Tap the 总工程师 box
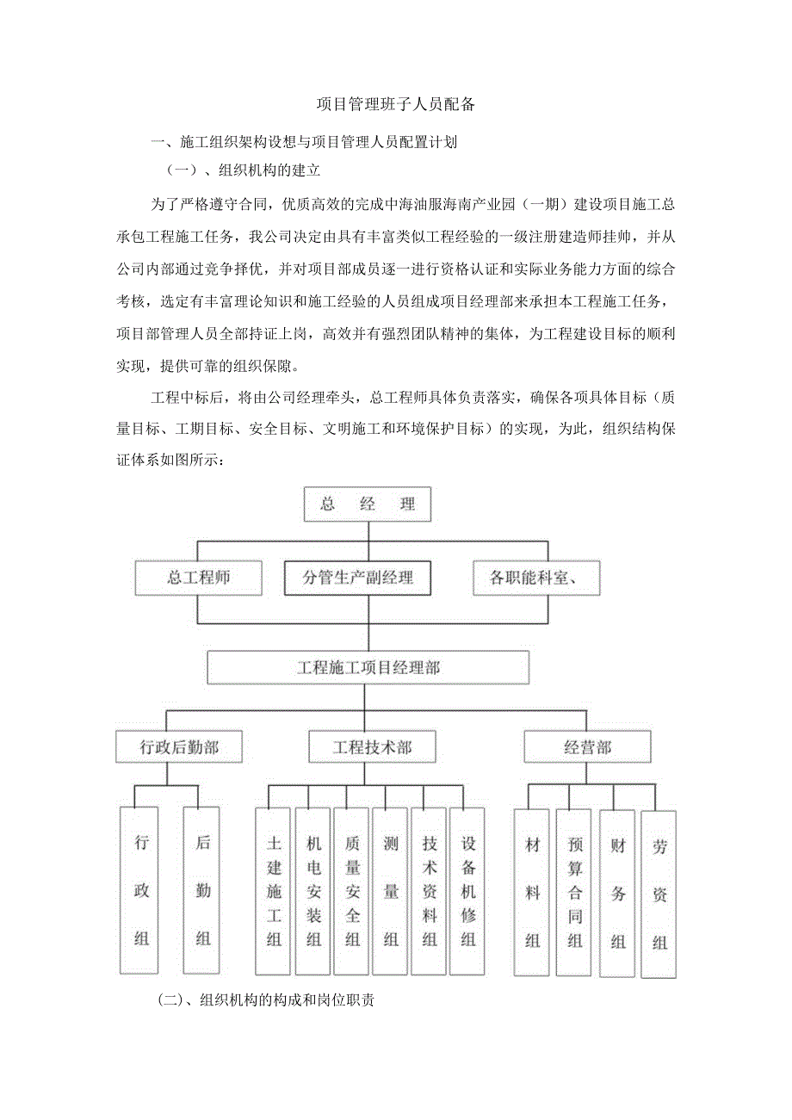point(198,577)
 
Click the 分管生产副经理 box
point(357,578)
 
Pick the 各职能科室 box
point(536,578)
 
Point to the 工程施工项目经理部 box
point(368,667)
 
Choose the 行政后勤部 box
point(179,746)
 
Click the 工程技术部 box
point(372,746)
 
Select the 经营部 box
point(587,746)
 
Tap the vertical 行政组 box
point(141,889)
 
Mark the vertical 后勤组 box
point(202,889)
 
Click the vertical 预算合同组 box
point(573,893)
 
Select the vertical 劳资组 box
point(659,894)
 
